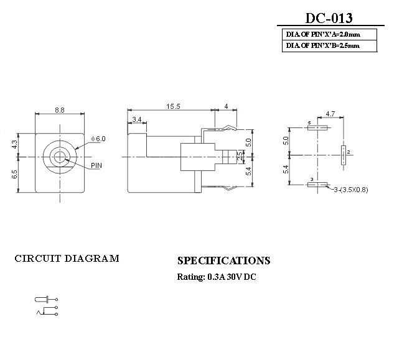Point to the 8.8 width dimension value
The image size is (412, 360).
pos(60,110)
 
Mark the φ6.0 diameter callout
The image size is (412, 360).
pos(98,139)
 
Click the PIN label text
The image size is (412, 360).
pos(96,166)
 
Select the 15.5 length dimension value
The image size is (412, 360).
pos(173,107)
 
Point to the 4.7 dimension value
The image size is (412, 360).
pos(330,114)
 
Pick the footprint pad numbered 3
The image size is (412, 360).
pos(318,184)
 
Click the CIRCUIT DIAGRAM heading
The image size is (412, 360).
pos(67,259)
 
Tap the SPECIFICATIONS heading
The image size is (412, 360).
pos(223,261)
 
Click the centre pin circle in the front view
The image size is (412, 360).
pos(60,155)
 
